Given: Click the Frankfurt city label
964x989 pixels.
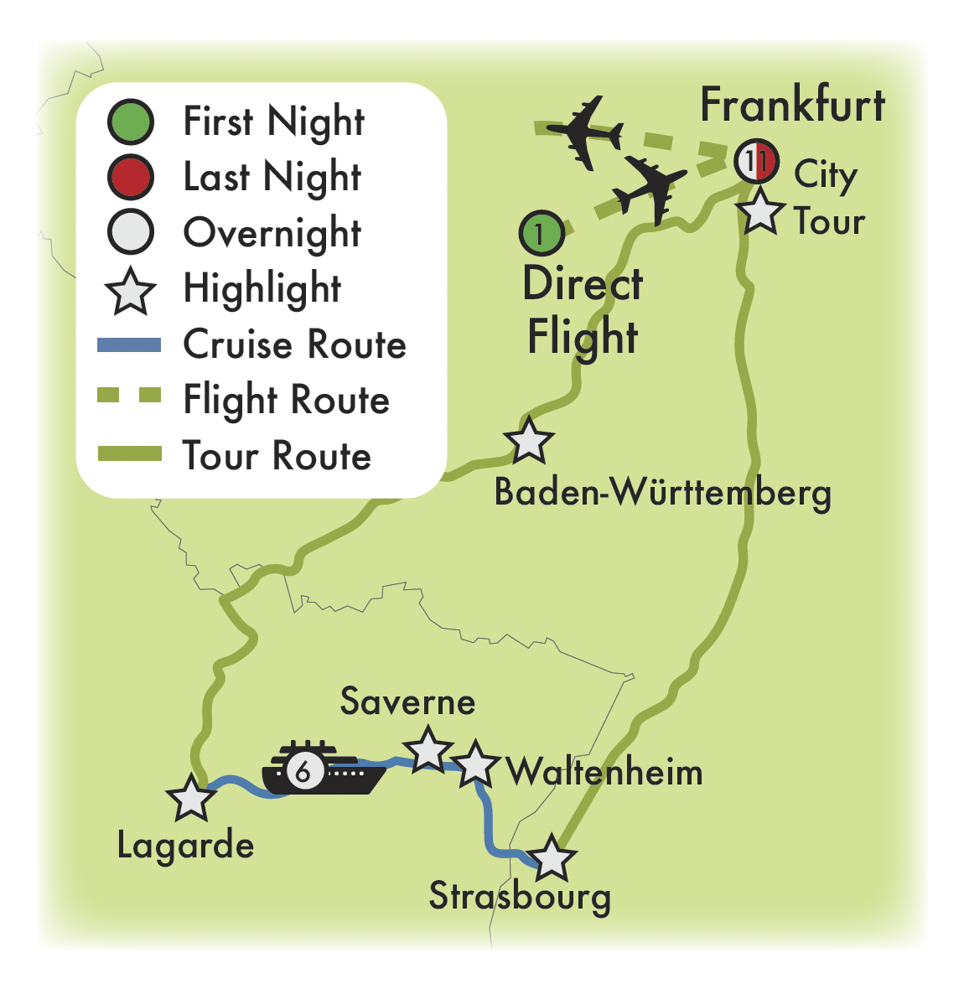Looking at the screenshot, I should tap(792, 106).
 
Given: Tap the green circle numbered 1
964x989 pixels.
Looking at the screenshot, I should tap(542, 233).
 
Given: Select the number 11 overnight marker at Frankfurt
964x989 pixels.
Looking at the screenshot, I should tap(757, 161).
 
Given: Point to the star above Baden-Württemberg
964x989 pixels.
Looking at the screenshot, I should tap(529, 440).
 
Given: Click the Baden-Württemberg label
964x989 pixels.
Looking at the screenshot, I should tap(662, 492).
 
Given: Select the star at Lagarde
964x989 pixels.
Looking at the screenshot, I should tap(191, 797).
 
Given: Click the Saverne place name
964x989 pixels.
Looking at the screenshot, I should tap(407, 702).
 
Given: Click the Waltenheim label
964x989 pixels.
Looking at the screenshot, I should tap(604, 772).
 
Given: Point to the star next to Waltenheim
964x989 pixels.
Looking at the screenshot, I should tap(476, 763).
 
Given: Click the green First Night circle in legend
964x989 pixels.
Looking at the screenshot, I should tap(131, 122).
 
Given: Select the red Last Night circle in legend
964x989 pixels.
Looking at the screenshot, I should tap(131, 177).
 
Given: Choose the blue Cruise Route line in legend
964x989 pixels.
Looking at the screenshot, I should tap(130, 344).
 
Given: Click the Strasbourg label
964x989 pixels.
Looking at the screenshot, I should tap(520, 897).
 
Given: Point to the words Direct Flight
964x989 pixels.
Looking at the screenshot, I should tap(583, 310).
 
